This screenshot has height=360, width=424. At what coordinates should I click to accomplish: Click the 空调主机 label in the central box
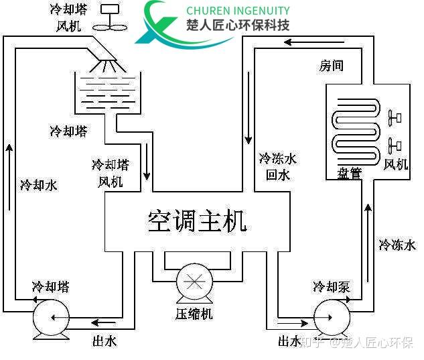coord(198,220)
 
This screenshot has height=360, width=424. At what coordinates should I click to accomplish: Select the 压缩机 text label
coord(194,313)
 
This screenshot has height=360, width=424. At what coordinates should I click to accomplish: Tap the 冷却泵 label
coord(331,287)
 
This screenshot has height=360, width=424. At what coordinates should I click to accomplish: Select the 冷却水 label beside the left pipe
coord(38,185)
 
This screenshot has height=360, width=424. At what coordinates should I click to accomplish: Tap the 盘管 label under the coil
coord(348,174)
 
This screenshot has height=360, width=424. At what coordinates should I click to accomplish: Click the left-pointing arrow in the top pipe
coord(295,43)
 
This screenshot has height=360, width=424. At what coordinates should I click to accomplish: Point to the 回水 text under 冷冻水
coord(277,175)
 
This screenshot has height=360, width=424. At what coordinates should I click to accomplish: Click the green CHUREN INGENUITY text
coord(238,11)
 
